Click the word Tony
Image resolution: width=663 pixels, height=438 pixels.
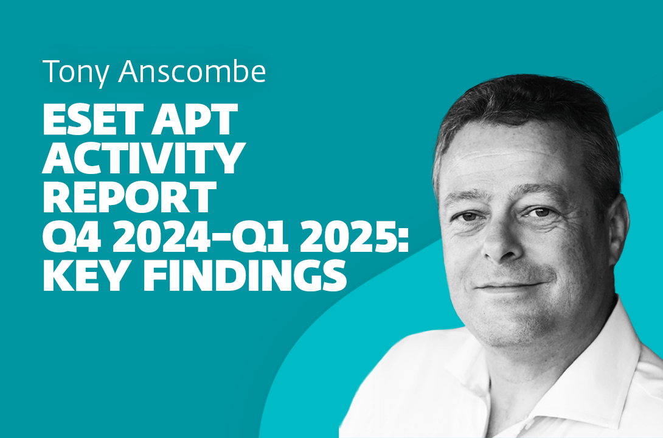coord(75,72)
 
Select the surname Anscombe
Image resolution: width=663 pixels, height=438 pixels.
coord(192,72)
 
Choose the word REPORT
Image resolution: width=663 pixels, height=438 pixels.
coord(129,196)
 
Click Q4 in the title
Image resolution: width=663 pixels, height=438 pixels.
coord(66,235)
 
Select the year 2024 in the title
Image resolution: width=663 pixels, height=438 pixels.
coord(150,235)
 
